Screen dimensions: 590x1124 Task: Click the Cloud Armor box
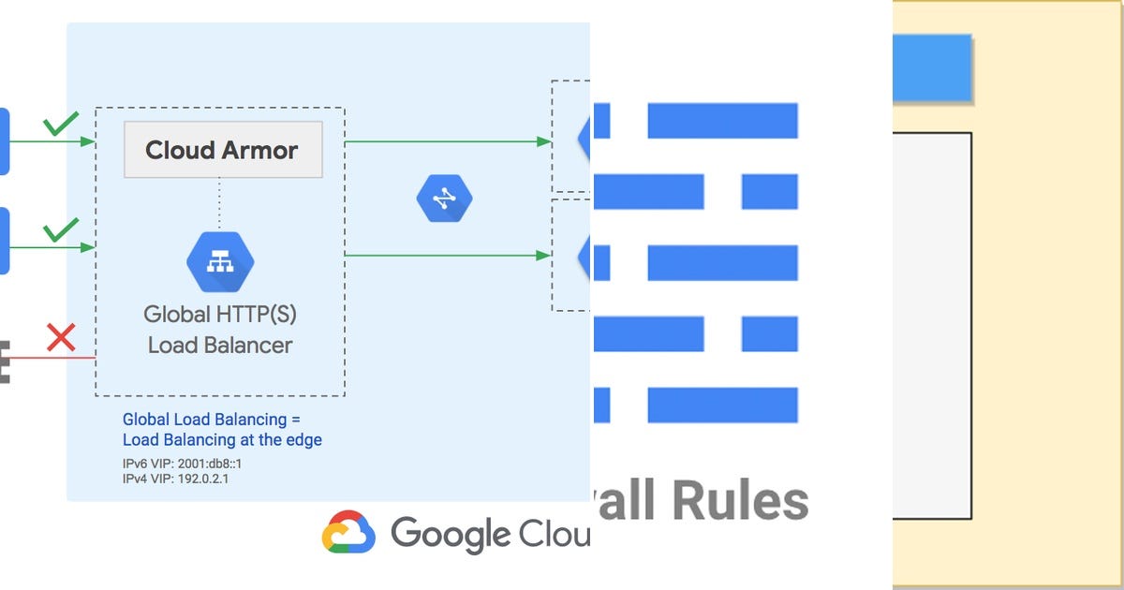tap(223, 150)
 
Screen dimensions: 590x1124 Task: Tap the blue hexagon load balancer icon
tap(220, 263)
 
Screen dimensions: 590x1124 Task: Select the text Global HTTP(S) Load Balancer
tap(220, 329)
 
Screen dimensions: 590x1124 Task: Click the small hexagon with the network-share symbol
tap(444, 199)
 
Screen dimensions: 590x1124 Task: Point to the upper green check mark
tap(61, 124)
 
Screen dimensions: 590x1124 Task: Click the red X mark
tap(61, 337)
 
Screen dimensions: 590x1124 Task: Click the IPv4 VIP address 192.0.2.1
tap(203, 479)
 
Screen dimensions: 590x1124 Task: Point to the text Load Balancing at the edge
tap(222, 439)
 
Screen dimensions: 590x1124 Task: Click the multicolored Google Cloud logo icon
tap(348, 534)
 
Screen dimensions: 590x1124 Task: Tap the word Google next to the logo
tap(451, 534)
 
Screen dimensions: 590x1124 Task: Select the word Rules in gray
tap(739, 502)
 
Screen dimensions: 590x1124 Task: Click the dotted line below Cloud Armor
tap(221, 202)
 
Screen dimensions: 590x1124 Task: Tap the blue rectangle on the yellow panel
tap(931, 67)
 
